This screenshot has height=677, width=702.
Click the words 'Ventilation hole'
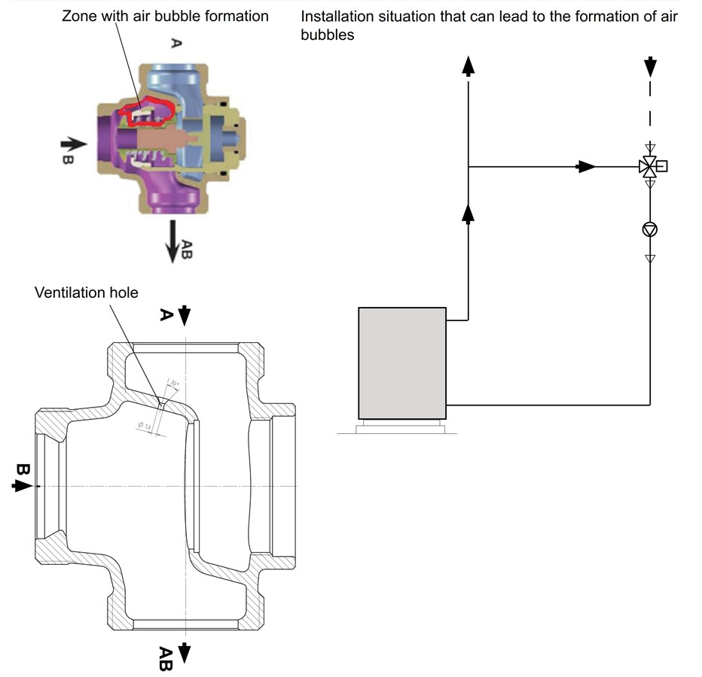click(87, 293)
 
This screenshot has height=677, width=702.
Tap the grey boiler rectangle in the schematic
click(402, 363)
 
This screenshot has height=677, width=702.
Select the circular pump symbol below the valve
click(649, 229)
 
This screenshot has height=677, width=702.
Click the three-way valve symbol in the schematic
click(648, 166)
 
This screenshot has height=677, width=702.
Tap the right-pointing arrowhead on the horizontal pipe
click(586, 166)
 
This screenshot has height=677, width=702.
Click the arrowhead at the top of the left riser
click(469, 67)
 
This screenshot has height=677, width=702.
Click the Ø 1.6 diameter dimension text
click(145, 427)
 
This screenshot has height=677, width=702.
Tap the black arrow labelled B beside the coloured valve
click(73, 142)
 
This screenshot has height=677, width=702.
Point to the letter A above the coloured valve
click(175, 44)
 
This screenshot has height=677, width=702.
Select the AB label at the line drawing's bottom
click(165, 657)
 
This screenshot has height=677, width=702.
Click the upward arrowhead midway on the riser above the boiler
click(469, 215)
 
